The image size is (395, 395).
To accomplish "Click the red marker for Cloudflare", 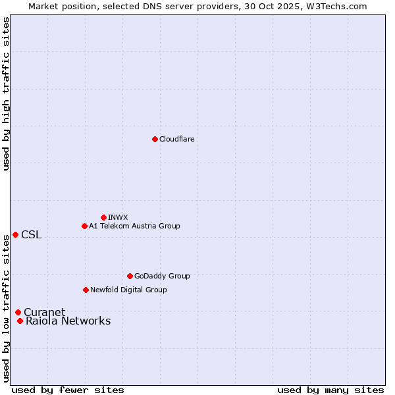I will point(155,139).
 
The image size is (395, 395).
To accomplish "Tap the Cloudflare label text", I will point(177,139).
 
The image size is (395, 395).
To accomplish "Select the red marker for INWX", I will point(103,217).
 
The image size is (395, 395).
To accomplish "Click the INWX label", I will point(118,217).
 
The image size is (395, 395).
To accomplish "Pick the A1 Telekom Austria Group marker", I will point(84,226).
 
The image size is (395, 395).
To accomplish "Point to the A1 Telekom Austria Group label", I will point(134,226).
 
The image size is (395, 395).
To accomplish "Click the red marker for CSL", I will point(15,234).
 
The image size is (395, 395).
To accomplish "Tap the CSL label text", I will point(31,235).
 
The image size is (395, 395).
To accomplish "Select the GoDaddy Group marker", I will point(130,276).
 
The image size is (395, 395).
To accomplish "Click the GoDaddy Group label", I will point(162,276).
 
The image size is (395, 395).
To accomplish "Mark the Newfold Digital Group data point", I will point(86,290).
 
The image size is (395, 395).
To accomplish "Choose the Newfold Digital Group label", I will point(128,290).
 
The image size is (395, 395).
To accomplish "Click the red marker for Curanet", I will point(18,312).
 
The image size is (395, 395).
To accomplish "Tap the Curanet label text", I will point(44,312).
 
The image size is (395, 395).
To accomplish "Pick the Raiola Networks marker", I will point(20,321).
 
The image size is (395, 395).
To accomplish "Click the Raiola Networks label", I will point(68,321).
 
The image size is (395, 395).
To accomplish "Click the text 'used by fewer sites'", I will point(68,390).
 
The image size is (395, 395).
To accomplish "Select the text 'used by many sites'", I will point(330,390).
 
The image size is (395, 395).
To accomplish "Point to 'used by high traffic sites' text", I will point(6,93).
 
